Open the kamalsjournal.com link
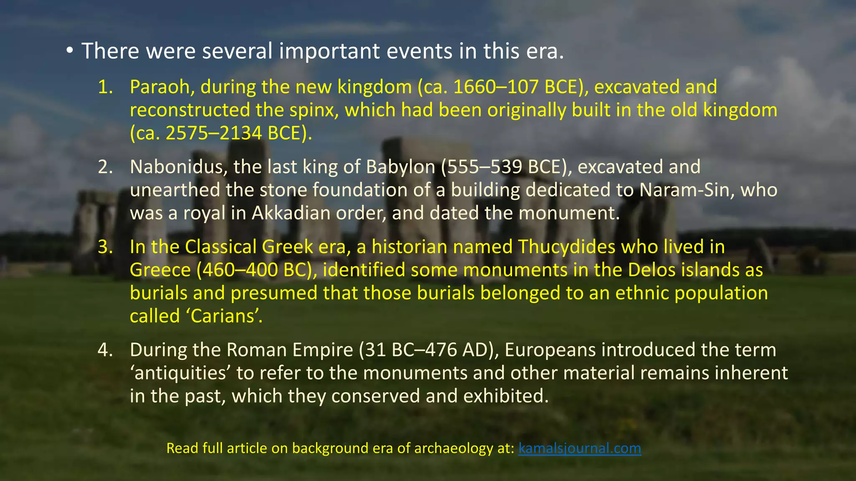click(579, 448)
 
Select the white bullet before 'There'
click(69, 51)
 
